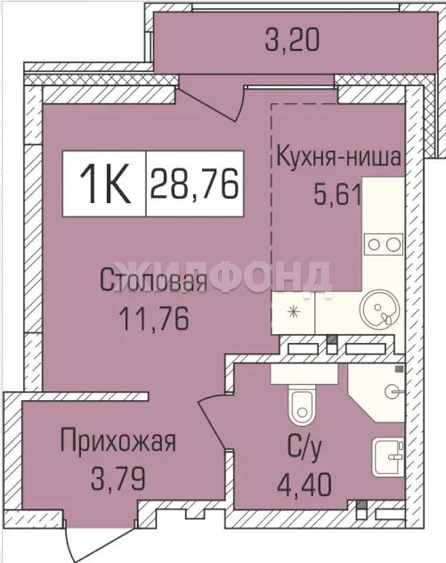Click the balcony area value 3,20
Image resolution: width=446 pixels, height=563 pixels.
[x=292, y=40]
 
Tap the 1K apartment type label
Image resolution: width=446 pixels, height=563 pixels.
[x=104, y=184]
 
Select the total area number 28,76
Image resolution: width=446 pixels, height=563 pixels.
[x=195, y=184]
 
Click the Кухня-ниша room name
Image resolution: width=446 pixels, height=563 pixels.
[x=338, y=157]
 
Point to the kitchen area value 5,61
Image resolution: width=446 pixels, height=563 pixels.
[x=337, y=194]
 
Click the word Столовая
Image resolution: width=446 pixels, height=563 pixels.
[x=154, y=281]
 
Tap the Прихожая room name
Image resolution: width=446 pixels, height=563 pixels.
[x=118, y=443]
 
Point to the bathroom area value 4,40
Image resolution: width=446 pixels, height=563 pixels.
[x=304, y=485]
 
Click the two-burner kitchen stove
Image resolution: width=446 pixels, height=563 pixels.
[x=383, y=244]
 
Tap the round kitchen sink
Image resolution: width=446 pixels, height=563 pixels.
[x=379, y=308]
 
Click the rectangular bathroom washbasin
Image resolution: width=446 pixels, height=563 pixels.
[x=388, y=457]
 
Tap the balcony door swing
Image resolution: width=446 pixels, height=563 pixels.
[x=213, y=101]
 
